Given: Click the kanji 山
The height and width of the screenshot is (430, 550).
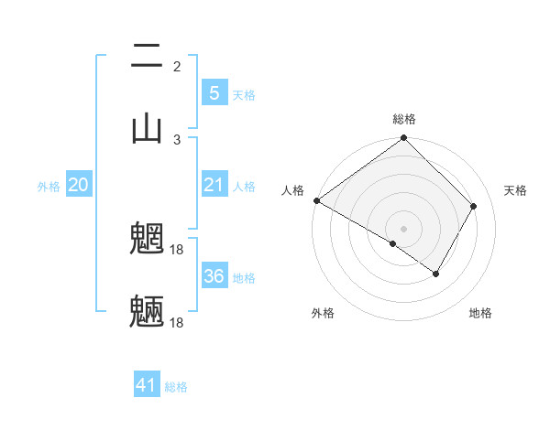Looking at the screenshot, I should pyautogui.click(x=147, y=128).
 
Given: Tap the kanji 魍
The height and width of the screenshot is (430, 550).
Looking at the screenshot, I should pyautogui.click(x=147, y=241).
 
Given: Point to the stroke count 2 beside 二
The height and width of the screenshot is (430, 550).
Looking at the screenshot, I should pyautogui.click(x=177, y=66).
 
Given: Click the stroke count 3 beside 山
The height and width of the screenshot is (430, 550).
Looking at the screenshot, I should pyautogui.click(x=177, y=139).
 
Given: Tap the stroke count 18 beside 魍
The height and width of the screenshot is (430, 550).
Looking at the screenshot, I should pyautogui.click(x=178, y=249).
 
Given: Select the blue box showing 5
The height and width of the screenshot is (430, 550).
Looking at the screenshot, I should pyautogui.click(x=214, y=92).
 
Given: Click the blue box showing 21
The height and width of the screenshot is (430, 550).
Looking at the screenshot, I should pyautogui.click(x=214, y=186).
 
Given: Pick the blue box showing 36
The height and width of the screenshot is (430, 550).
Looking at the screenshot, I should pyautogui.click(x=214, y=275).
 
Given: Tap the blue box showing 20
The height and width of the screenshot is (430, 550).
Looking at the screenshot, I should pyautogui.click(x=79, y=186).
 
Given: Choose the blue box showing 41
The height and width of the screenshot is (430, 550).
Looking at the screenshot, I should pyautogui.click(x=147, y=385).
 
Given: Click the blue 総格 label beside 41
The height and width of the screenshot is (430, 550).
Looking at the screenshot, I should pyautogui.click(x=176, y=387).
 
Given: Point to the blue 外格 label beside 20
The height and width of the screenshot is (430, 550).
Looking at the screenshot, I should pyautogui.click(x=49, y=187).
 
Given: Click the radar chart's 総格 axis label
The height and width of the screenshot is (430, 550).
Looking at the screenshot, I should pyautogui.click(x=403, y=119).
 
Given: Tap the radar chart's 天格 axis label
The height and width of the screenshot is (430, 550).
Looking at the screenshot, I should pyautogui.click(x=515, y=190).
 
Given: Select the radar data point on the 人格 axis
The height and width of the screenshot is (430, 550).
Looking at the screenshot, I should pyautogui.click(x=316, y=200).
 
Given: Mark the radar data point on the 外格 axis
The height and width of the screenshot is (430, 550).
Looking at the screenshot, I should pyautogui.click(x=393, y=243).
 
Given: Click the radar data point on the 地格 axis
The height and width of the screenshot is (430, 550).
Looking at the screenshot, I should pyautogui.click(x=436, y=274).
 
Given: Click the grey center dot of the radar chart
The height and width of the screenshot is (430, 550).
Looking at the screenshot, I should pyautogui.click(x=403, y=228).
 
